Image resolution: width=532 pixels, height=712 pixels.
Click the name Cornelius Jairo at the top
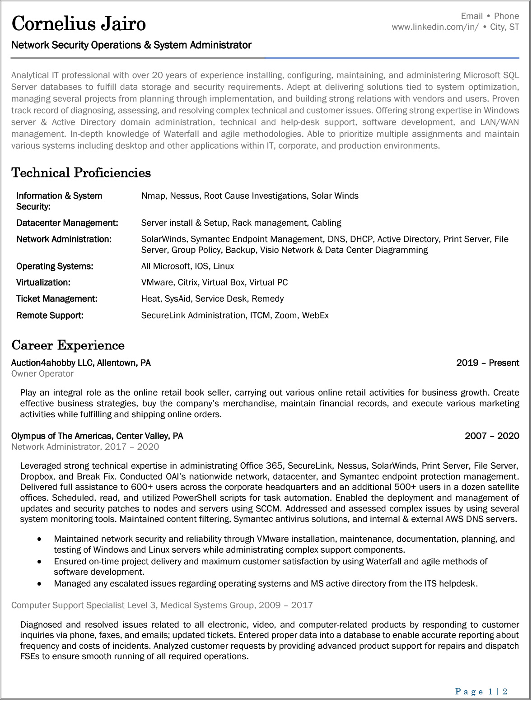(x=79, y=23)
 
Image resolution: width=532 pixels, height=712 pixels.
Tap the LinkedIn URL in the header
(x=435, y=27)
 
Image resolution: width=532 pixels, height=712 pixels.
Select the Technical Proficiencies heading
(x=81, y=173)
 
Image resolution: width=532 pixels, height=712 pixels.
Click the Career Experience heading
(x=68, y=345)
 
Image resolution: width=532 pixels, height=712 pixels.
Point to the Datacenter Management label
(x=67, y=223)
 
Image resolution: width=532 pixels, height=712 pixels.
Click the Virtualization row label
(x=43, y=283)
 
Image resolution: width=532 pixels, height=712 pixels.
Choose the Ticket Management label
(x=56, y=299)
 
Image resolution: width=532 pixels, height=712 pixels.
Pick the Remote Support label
(x=50, y=316)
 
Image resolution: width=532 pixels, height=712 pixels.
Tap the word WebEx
(x=315, y=316)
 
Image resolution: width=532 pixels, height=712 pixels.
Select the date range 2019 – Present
(x=487, y=363)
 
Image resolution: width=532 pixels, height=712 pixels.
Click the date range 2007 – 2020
(x=492, y=436)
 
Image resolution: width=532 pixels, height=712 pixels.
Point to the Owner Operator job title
(x=42, y=374)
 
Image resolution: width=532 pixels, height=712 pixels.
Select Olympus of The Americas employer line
(x=97, y=436)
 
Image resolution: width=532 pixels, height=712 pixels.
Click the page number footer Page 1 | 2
(x=481, y=692)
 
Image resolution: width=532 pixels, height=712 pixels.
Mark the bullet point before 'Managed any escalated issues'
(x=40, y=584)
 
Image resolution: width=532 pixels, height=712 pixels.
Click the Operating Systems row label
(x=55, y=266)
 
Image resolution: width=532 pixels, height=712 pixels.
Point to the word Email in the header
(x=472, y=16)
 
